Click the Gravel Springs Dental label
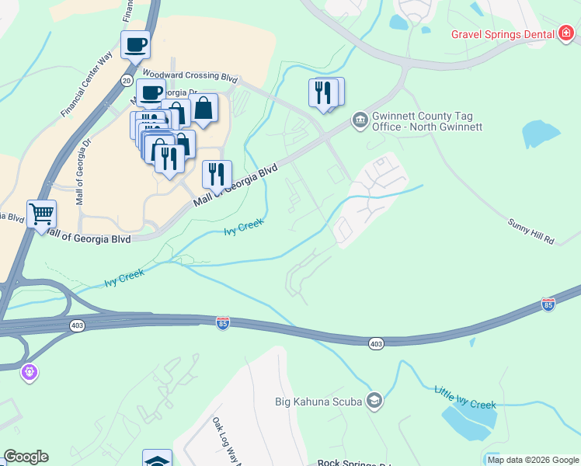point(503,34)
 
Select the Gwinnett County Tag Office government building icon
point(360,120)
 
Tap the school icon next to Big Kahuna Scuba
point(374,401)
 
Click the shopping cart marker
point(41,213)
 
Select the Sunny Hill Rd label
point(531,231)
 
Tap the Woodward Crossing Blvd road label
point(189,77)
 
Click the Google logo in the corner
point(26,457)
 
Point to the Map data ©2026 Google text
point(532,460)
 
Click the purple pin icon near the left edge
point(30,372)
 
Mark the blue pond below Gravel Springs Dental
point(541,134)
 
